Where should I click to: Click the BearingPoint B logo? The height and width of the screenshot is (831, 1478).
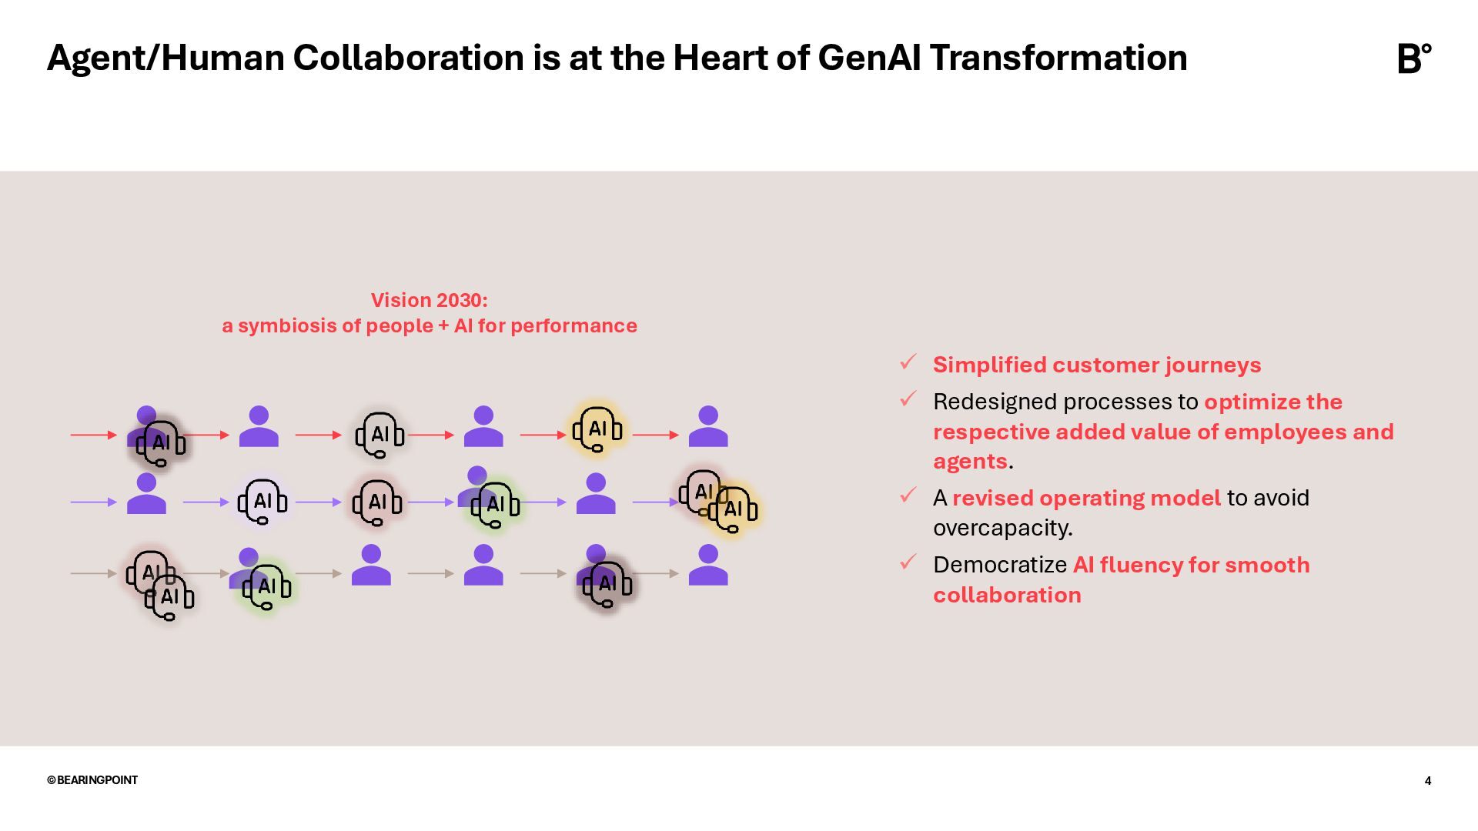[1413, 58]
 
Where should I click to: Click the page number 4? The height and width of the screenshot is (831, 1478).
[1427, 780]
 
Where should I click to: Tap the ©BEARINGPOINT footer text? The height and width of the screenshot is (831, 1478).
[92, 779]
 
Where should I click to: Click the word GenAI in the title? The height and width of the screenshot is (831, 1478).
[869, 58]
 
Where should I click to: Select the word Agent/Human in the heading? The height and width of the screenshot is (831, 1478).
[166, 58]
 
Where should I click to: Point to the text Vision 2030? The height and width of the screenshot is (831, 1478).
[429, 300]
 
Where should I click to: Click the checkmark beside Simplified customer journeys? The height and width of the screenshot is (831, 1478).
[908, 362]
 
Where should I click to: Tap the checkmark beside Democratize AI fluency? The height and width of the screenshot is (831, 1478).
[908, 562]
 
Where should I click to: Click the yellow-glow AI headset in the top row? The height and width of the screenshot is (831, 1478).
[597, 429]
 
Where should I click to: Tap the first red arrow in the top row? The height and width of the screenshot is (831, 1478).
[93, 435]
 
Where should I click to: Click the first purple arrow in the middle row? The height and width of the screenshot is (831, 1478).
[93, 502]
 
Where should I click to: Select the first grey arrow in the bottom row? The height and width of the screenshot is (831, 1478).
[93, 573]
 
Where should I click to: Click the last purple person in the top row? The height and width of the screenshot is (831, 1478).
[708, 427]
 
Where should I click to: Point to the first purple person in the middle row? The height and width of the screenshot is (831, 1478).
[146, 494]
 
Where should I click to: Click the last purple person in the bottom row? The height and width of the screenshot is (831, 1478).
[708, 566]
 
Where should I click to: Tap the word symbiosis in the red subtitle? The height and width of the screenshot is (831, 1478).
[286, 326]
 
